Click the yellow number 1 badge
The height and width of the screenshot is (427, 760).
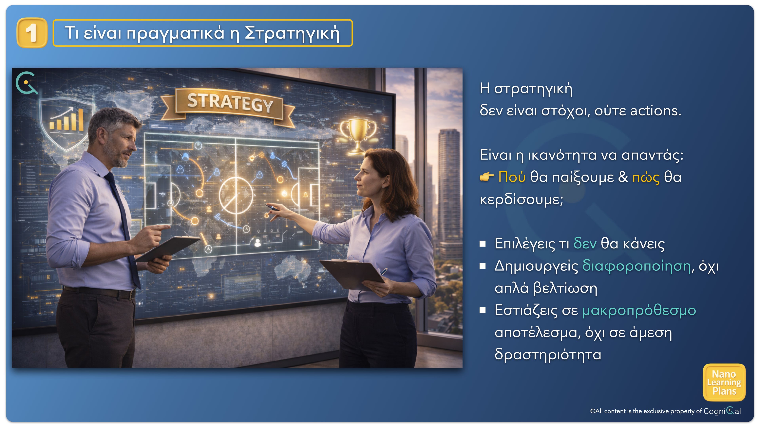tap(32, 33)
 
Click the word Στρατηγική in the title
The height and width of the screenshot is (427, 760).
tap(292, 33)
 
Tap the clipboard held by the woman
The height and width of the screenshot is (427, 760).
tap(352, 274)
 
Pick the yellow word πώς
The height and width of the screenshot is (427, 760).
tap(646, 178)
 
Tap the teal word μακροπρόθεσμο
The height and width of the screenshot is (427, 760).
tap(639, 311)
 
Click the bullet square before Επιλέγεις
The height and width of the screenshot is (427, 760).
tap(483, 244)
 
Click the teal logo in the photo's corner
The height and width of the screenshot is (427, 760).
tap(27, 83)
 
